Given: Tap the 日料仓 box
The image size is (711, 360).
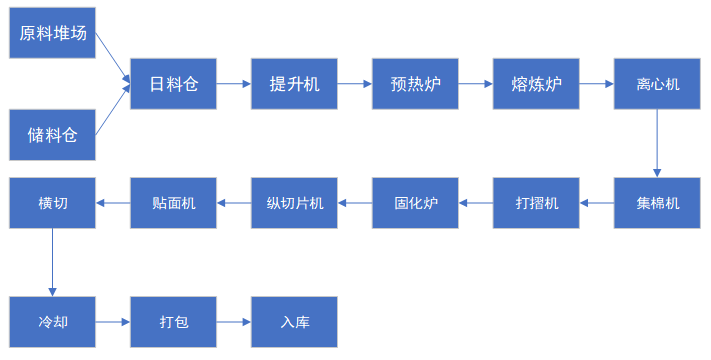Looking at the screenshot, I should tap(174, 84).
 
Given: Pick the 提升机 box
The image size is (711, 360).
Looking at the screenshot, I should tap(294, 84).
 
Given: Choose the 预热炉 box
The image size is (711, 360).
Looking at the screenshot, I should tap(415, 84).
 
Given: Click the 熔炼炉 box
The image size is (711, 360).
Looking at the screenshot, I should tap(536, 84).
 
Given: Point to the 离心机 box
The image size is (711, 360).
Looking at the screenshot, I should tap(657, 84).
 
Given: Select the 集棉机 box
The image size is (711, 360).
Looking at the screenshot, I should tap(657, 203).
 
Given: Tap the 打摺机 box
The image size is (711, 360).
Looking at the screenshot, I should tap(536, 203).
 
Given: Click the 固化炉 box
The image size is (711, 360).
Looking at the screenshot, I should tap(415, 203).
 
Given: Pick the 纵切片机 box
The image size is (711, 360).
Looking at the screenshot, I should tap(294, 203).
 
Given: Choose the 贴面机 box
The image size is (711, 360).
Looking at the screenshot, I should tap(174, 203).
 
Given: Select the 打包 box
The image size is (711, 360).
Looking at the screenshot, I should tap(174, 322).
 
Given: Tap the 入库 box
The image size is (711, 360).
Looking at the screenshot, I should tap(294, 322).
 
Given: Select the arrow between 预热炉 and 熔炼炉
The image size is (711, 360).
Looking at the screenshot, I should tap(475, 84).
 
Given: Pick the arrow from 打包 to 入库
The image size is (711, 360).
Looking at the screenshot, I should tap(234, 322).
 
